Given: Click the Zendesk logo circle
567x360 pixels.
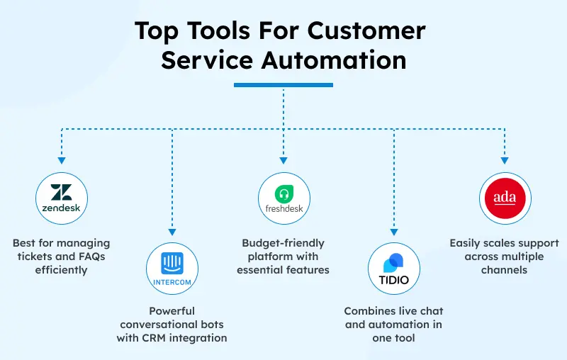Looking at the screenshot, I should click(x=61, y=198).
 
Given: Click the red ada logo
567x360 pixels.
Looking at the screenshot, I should click(x=505, y=198).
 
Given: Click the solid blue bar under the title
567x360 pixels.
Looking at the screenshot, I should click(x=283, y=85).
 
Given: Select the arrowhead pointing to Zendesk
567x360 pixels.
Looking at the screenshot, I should click(x=61, y=162).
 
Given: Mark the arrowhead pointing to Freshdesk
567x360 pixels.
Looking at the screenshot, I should click(x=283, y=162).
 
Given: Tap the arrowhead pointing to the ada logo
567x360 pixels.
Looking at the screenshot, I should click(x=505, y=162).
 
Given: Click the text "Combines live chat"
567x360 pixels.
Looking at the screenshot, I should click(x=393, y=311).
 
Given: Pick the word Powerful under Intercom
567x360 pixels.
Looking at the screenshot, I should click(x=172, y=311).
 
